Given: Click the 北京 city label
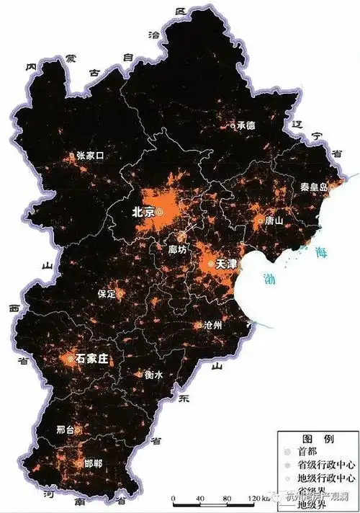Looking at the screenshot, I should (x=143, y=213).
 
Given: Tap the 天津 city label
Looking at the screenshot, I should (x=226, y=264).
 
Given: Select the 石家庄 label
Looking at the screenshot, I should (x=93, y=358).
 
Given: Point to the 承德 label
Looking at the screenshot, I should (x=246, y=125).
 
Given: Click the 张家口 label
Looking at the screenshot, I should (x=91, y=155).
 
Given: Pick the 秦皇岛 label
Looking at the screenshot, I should (x=315, y=187).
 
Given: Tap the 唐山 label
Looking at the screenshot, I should (x=274, y=220).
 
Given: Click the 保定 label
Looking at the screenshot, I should (x=107, y=294).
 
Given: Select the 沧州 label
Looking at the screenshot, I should (x=213, y=325).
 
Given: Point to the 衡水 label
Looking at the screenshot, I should (x=153, y=375).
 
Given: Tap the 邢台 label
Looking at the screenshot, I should (x=66, y=429).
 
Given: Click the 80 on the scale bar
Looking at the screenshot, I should (x=227, y=499).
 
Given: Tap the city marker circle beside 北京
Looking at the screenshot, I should (x=161, y=212).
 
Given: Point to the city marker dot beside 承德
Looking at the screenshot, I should (x=232, y=125).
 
